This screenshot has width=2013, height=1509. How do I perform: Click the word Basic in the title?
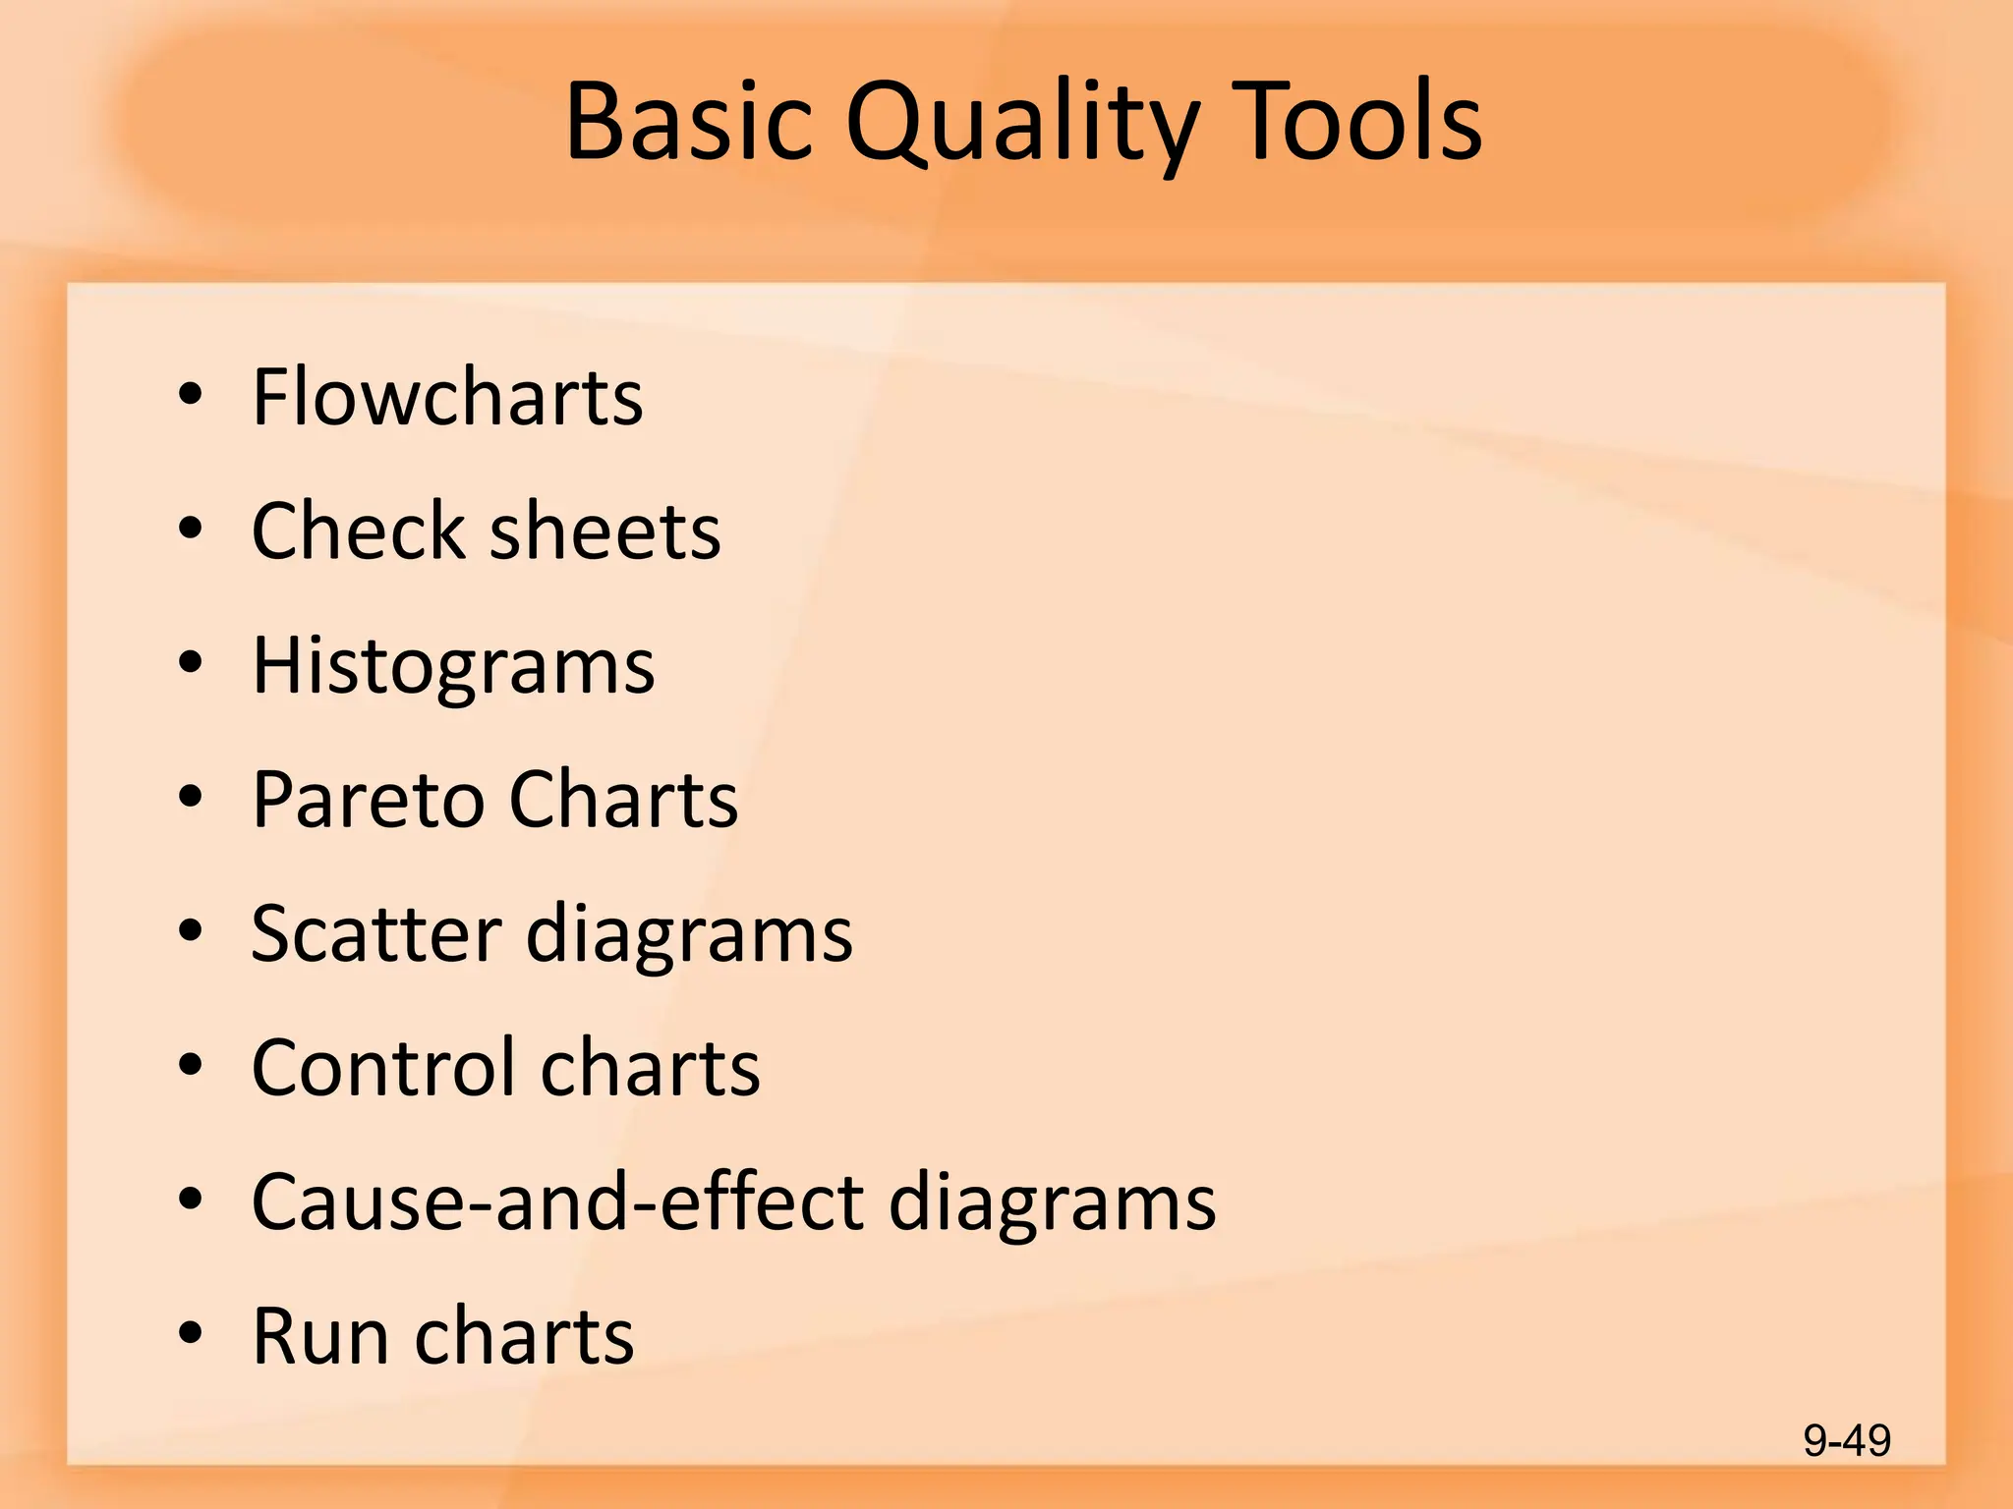(x=689, y=122)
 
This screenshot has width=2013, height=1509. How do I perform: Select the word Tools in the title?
(x=1355, y=122)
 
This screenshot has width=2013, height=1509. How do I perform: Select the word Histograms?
(x=453, y=666)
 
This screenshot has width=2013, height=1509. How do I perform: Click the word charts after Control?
(x=650, y=1067)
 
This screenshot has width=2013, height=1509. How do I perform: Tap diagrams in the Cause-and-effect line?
(x=1052, y=1202)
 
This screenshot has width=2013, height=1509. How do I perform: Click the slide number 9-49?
(x=1847, y=1441)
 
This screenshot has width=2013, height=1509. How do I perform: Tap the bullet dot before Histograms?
(x=191, y=663)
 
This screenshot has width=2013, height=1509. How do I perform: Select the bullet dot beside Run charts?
(x=191, y=1334)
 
